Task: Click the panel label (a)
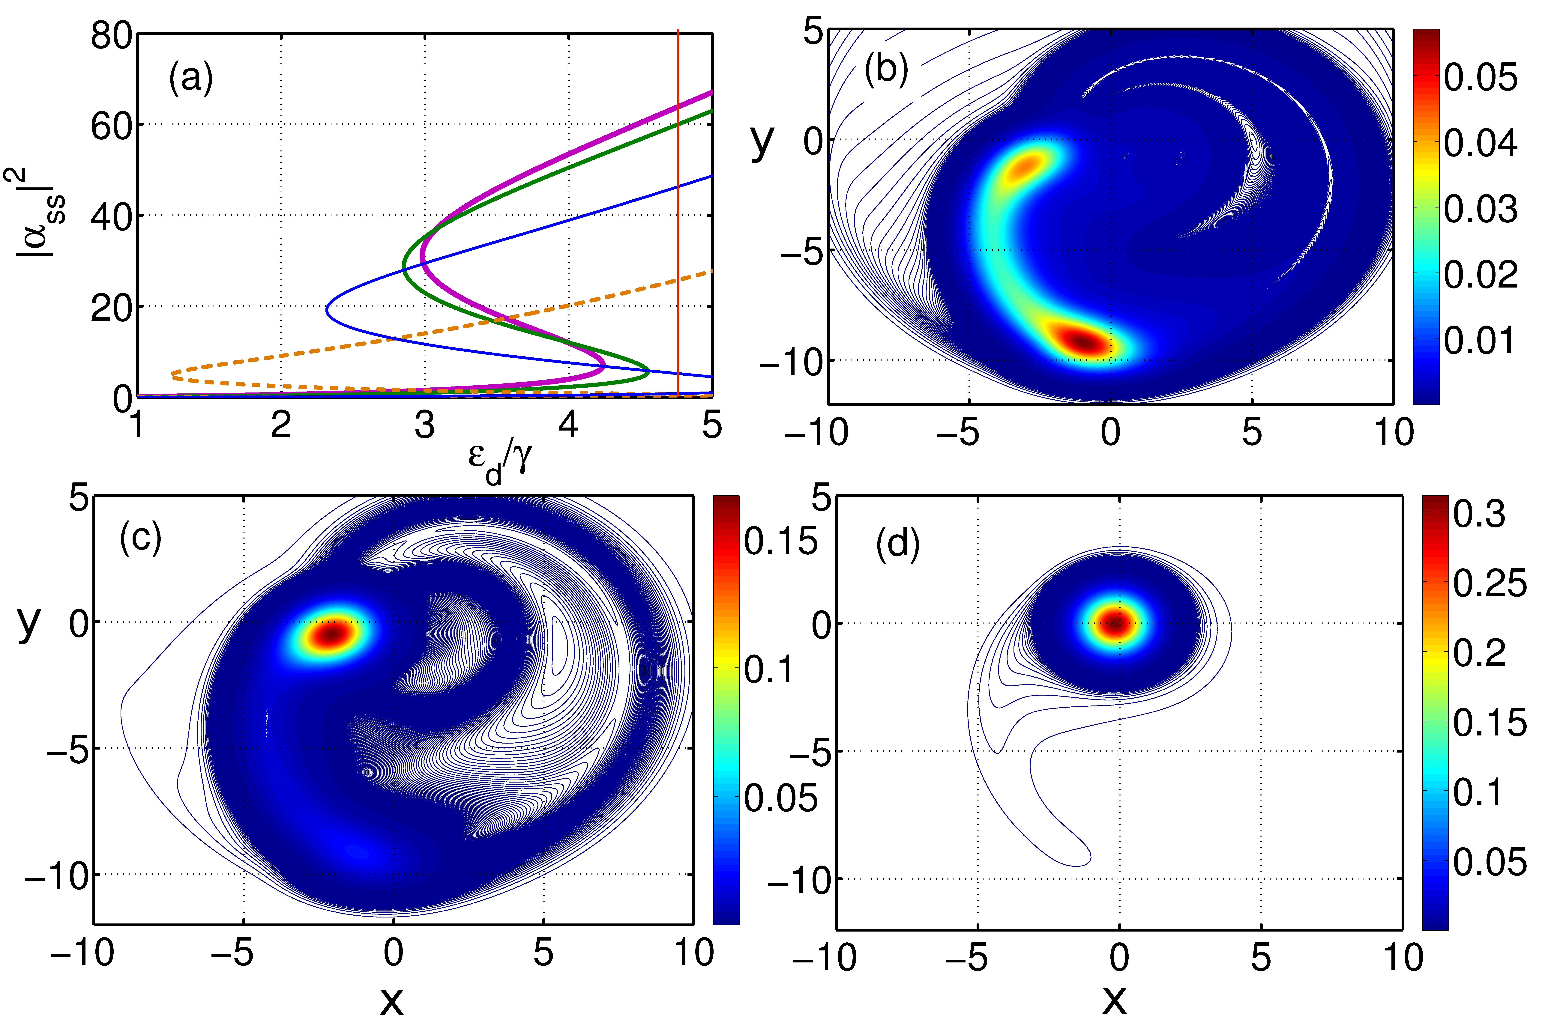tap(190, 79)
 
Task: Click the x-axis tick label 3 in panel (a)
tap(425, 425)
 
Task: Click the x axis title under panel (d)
tap(1115, 998)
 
